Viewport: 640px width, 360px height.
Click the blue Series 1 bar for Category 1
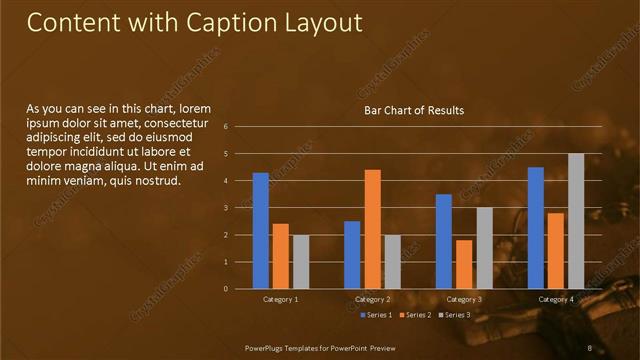tap(261, 231)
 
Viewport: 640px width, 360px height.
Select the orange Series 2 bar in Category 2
tap(372, 229)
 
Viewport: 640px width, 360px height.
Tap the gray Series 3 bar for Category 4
tap(576, 221)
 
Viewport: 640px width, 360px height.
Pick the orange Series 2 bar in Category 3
tap(464, 264)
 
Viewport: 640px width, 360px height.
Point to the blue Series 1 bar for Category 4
tap(536, 228)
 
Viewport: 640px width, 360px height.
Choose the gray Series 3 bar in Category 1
tap(300, 262)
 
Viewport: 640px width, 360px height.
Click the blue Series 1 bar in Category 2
tap(352, 255)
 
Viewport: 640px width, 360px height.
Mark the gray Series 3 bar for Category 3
tap(484, 248)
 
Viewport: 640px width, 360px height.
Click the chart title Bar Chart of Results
tap(413, 110)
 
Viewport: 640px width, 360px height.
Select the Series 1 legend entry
tap(376, 315)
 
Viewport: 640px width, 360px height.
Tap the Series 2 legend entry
tap(414, 315)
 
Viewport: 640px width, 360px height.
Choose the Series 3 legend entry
tap(453, 315)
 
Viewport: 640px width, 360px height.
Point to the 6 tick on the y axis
tap(240, 127)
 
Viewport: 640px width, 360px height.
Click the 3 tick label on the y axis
tap(240, 208)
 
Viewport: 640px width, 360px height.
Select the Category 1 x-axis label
tap(280, 299)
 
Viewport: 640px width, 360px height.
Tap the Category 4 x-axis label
tap(556, 299)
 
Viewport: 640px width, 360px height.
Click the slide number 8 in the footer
tap(590, 347)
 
